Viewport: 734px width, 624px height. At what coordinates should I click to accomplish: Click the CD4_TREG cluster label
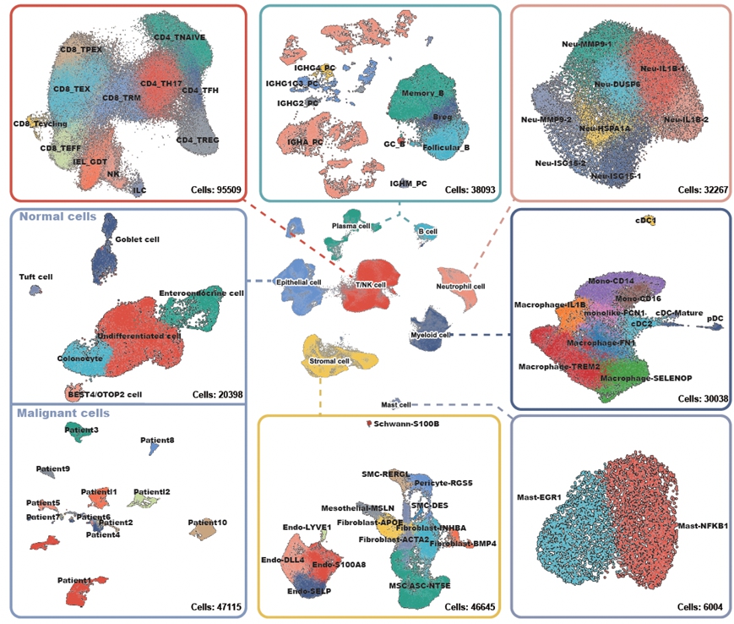pos(198,140)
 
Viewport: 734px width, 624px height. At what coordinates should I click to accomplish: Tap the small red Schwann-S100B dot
pos(368,423)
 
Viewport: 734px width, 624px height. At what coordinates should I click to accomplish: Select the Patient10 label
pos(207,523)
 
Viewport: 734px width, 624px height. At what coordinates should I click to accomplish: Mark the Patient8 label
pos(158,441)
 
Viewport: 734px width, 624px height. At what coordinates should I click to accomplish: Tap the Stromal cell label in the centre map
pos(326,361)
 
